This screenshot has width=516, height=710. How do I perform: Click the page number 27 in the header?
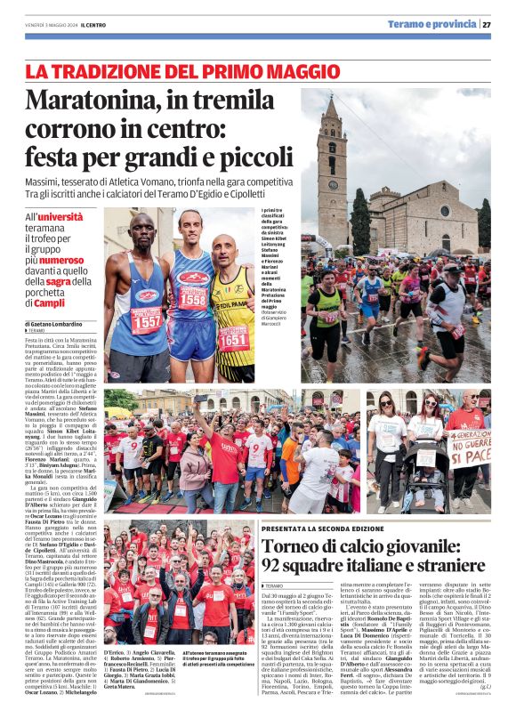click(x=488, y=25)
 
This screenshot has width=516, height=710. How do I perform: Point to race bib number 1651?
click(x=234, y=339)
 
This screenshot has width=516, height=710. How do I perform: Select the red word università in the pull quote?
click(x=60, y=216)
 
